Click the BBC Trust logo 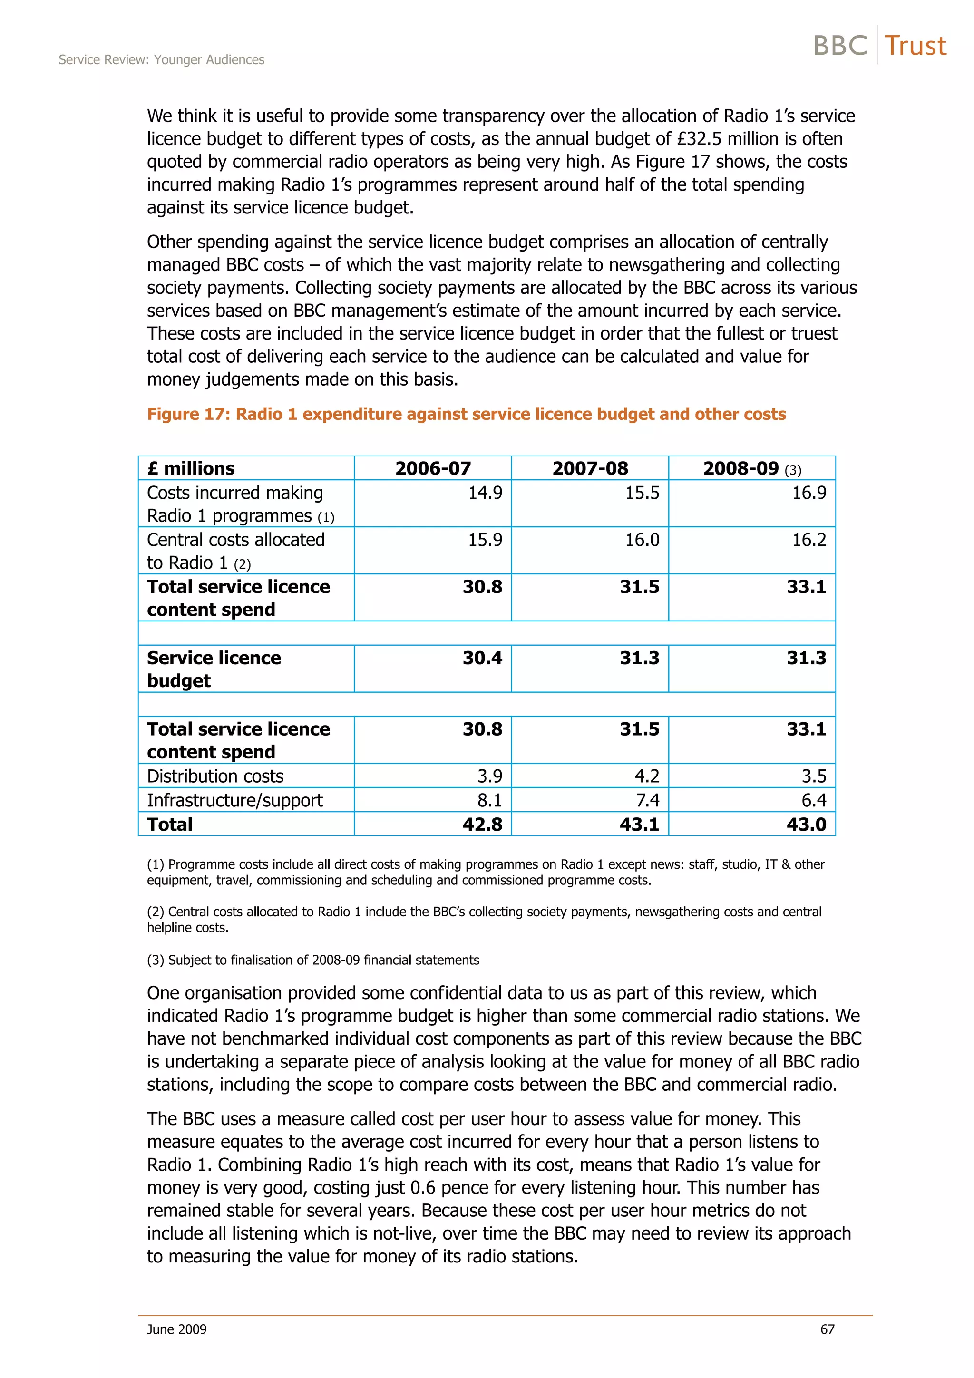(x=879, y=46)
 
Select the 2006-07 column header (x=433, y=468)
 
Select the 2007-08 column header (x=590, y=468)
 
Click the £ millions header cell (x=191, y=468)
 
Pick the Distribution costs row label (x=215, y=776)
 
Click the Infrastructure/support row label (x=234, y=800)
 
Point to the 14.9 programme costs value (x=485, y=493)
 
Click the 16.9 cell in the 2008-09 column (x=808, y=493)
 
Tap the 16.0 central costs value (x=642, y=540)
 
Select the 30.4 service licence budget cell (x=482, y=658)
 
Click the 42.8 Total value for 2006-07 (x=482, y=824)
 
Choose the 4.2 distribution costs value (x=646, y=776)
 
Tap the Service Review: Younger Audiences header (x=161, y=59)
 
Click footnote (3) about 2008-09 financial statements (x=312, y=960)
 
